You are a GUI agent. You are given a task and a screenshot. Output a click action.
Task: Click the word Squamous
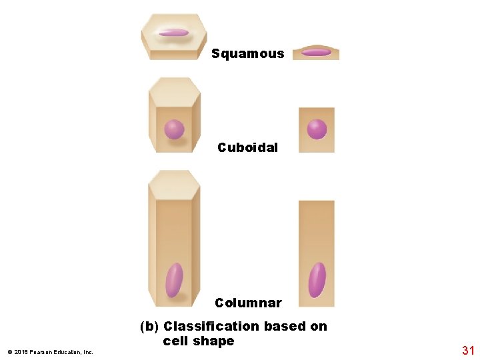pyautogui.click(x=247, y=54)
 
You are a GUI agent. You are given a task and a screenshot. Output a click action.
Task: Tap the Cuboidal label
pyautogui.click(x=247, y=148)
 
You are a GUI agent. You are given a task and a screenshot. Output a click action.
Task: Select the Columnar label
pyautogui.click(x=248, y=303)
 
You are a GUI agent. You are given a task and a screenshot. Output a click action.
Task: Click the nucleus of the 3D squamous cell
pyautogui.click(x=174, y=32)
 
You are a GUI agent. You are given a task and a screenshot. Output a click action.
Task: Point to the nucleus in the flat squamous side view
pyautogui.click(x=316, y=52)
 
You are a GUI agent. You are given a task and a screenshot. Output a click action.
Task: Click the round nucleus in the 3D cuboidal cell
pyautogui.click(x=174, y=129)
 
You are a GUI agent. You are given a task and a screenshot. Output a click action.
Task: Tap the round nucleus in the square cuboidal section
pyautogui.click(x=317, y=129)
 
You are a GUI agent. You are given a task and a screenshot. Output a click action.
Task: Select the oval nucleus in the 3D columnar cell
pyautogui.click(x=174, y=280)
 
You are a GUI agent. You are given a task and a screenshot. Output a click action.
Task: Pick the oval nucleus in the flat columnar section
pyautogui.click(x=317, y=279)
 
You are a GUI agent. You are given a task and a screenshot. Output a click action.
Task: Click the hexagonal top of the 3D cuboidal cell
pyautogui.click(x=175, y=90)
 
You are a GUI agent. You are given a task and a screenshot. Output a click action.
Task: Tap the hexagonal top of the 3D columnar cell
pyautogui.click(x=175, y=183)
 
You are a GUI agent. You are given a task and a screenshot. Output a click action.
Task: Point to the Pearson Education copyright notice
pyautogui.click(x=51, y=352)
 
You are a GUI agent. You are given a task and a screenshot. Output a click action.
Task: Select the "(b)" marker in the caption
pyautogui.click(x=149, y=327)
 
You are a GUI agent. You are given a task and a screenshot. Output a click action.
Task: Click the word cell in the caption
pyautogui.click(x=177, y=341)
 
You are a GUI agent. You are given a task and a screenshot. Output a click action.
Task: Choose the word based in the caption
pyautogui.click(x=285, y=327)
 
